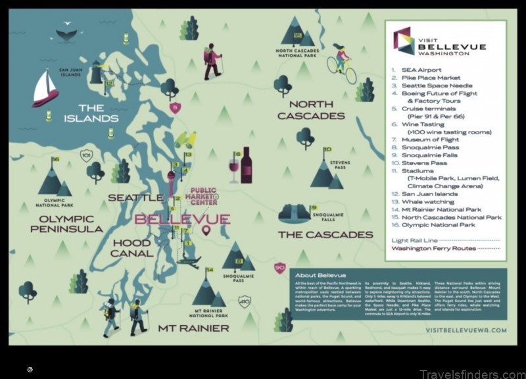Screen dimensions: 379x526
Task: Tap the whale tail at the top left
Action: [66, 33]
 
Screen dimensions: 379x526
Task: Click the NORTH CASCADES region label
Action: [311, 110]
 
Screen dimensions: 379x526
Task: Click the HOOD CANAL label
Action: [131, 248]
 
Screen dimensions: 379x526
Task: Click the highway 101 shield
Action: [85, 155]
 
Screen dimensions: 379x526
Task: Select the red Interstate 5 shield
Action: [174, 107]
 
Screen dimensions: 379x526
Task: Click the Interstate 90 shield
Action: [280, 268]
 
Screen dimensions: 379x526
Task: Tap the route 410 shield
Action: [245, 302]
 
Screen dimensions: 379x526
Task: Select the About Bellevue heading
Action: [320, 275]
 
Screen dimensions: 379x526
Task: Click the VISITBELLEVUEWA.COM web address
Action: [466, 330]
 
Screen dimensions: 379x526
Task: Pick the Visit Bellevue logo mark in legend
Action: [402, 41]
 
